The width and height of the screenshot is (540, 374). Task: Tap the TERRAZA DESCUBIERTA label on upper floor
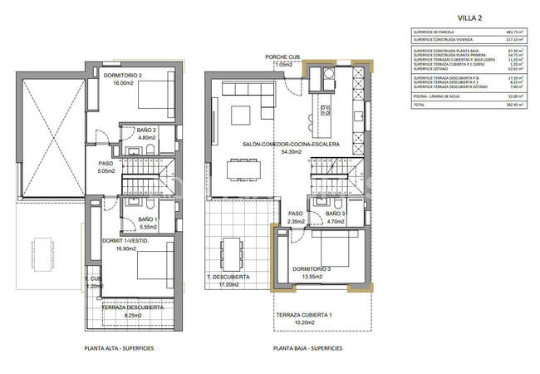click(x=132, y=307)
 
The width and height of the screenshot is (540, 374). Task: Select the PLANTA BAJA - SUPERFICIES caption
click(x=307, y=348)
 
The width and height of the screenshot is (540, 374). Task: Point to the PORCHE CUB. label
click(x=283, y=57)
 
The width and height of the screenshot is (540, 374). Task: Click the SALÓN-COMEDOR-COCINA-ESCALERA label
click(x=291, y=144)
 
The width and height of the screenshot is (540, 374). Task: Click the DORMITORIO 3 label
click(x=312, y=268)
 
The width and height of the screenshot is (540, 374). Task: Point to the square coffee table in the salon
click(x=240, y=114)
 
